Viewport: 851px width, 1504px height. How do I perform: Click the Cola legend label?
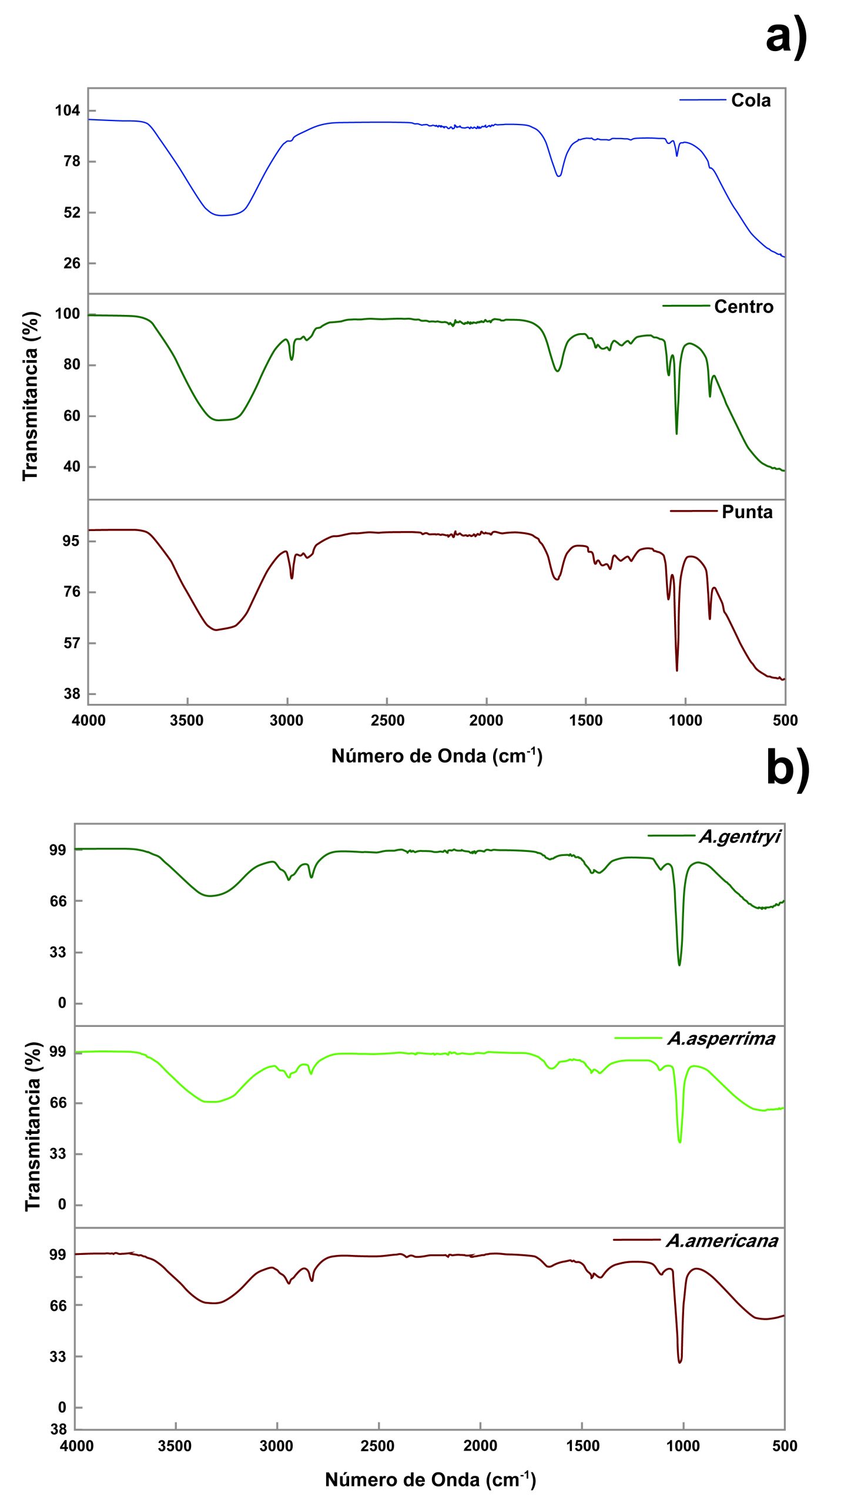click(751, 100)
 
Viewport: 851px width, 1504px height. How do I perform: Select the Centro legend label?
click(743, 307)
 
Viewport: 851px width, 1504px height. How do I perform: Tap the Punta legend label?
click(747, 512)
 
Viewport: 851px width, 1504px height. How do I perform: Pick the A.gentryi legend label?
click(739, 837)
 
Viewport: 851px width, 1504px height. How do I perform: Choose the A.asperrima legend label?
click(721, 1039)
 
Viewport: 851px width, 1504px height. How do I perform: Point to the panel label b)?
click(788, 769)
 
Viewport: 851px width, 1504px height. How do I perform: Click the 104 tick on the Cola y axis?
click(67, 110)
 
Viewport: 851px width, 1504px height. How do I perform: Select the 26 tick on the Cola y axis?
click(72, 263)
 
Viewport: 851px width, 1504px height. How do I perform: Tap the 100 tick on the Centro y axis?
click(67, 314)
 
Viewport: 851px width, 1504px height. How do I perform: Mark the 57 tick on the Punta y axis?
click(72, 643)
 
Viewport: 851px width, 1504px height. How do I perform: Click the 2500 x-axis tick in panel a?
click(387, 721)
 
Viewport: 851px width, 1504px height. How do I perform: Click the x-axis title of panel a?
click(437, 756)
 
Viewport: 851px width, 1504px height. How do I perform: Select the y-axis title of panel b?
click(33, 1127)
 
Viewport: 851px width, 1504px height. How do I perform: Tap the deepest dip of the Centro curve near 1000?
click(676, 433)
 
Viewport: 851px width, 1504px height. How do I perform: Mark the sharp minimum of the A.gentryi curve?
click(679, 965)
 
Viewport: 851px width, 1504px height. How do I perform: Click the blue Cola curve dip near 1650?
click(559, 175)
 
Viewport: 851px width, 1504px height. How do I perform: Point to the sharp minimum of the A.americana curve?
click(680, 1362)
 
